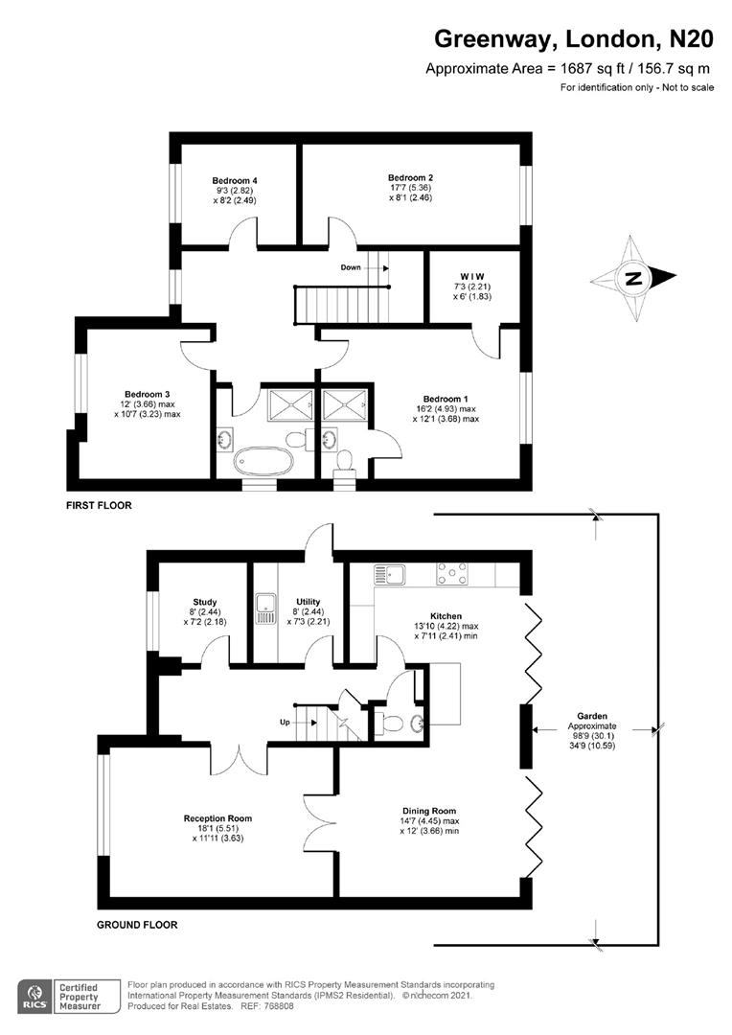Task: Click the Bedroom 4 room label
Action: pyautogui.click(x=235, y=181)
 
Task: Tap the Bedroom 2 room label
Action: pyautogui.click(x=410, y=178)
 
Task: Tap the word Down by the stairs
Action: pyautogui.click(x=351, y=267)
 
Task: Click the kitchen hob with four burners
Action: pyautogui.click(x=451, y=574)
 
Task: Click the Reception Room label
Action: pyautogui.click(x=217, y=818)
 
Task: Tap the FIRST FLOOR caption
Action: pyautogui.click(x=99, y=505)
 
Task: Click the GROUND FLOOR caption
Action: pyautogui.click(x=137, y=926)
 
